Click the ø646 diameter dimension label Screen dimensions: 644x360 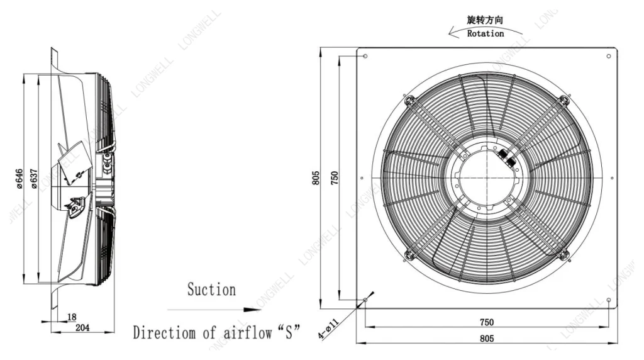19,179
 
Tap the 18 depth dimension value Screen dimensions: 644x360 72,317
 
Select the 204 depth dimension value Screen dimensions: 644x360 82,327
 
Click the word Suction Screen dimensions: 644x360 211,290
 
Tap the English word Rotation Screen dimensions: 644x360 486,34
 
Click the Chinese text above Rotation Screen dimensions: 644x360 485,20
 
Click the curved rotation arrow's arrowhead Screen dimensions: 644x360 453,32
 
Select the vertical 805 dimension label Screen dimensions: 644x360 316,178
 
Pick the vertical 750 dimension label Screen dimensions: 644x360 335,178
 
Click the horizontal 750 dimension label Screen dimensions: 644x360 487,322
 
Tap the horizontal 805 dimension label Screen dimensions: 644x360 487,339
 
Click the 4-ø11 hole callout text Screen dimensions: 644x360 328,329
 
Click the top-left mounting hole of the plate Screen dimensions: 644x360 365,56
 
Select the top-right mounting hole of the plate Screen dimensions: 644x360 609,56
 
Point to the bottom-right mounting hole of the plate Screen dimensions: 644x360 609,300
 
